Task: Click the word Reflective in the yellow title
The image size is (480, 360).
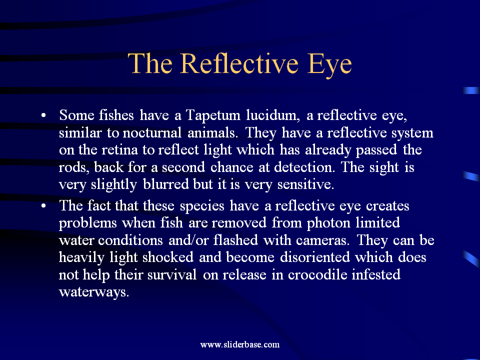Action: coord(239,63)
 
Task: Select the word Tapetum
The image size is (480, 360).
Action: coord(213,115)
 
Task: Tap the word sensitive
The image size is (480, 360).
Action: coord(305,184)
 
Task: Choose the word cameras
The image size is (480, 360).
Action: coord(322,240)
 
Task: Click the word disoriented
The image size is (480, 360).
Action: coord(314,257)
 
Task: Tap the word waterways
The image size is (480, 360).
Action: coord(94,292)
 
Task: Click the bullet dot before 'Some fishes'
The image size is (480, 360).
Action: coord(43,115)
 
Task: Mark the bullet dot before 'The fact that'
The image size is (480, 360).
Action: coord(43,205)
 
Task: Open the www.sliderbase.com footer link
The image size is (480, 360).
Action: coord(239,344)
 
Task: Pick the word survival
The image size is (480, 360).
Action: coord(171,274)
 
